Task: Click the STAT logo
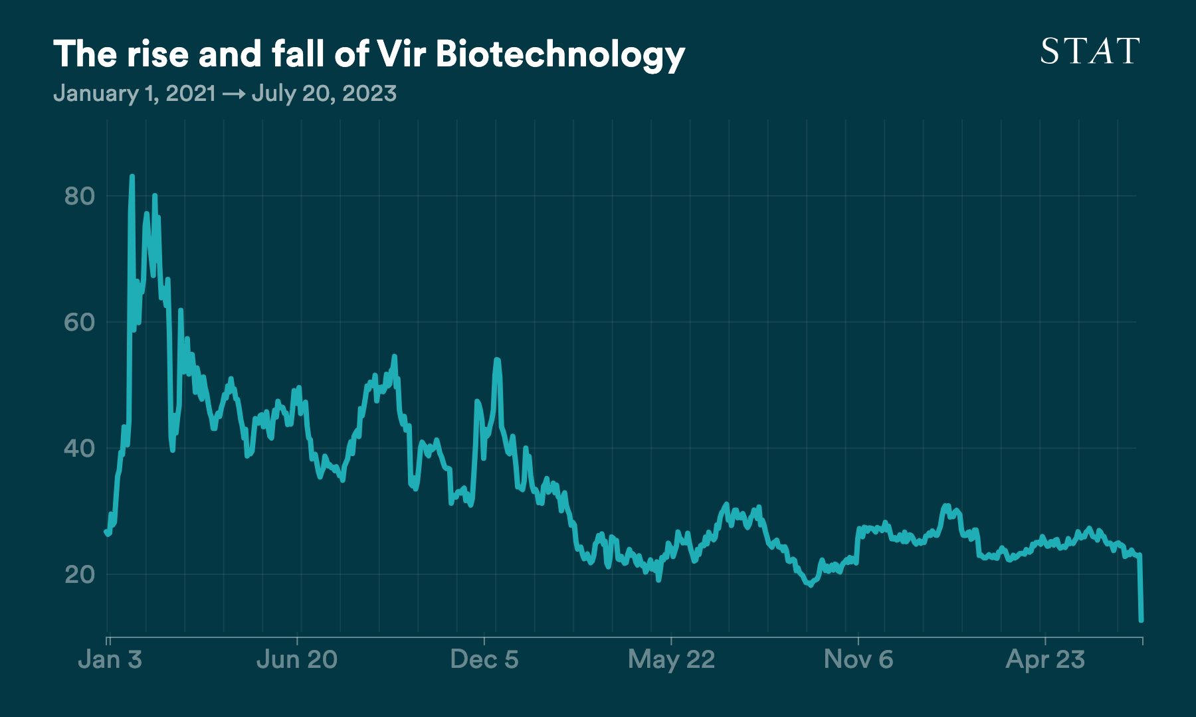click(x=1090, y=52)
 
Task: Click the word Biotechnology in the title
click(x=560, y=54)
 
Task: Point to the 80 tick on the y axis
click(x=80, y=196)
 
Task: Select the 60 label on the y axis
click(x=80, y=322)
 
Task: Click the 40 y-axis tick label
click(x=80, y=448)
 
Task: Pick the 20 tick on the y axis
click(x=80, y=574)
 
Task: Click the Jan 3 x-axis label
click(x=110, y=659)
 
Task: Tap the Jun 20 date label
click(x=297, y=659)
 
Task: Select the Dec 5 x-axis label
click(x=484, y=659)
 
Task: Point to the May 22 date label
click(x=671, y=659)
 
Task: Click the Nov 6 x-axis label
click(x=858, y=659)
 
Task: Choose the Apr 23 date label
click(x=1045, y=659)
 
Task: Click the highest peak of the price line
click(x=132, y=177)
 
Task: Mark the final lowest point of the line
click(x=1141, y=620)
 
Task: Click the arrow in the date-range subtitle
click(x=233, y=94)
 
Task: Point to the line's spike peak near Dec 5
click(x=496, y=360)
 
